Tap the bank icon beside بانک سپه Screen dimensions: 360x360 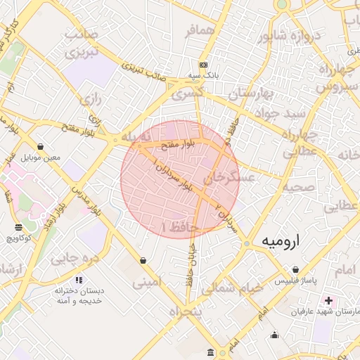(x=203, y=64)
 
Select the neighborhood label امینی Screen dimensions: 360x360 (x=150, y=283)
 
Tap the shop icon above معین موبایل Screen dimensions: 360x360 (x=39, y=147)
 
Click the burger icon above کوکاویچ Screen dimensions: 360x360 (x=18, y=227)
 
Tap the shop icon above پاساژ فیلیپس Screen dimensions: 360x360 (x=295, y=270)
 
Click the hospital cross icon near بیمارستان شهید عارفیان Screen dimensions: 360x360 (x=328, y=301)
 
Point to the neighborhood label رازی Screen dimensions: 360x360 (x=91, y=100)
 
